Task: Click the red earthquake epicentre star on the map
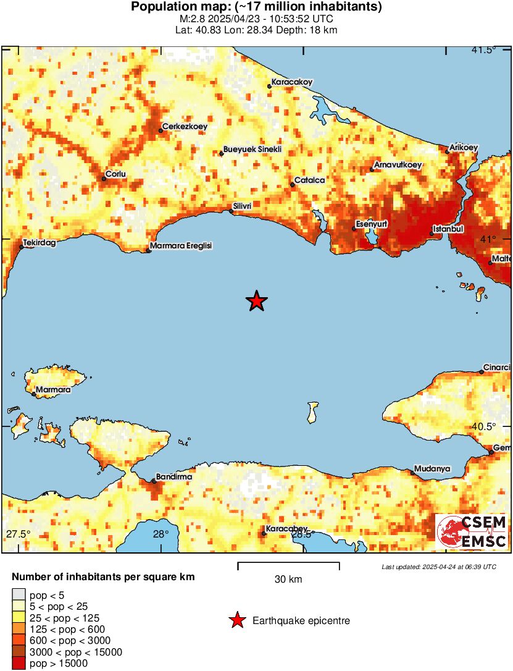pos(257,301)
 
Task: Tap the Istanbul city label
pos(448,229)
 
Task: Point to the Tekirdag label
pos(40,243)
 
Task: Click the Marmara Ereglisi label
pos(181,246)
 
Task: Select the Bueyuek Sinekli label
pos(252,150)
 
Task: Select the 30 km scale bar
pos(288,564)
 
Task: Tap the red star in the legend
pos(236,620)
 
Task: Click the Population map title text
pos(256,7)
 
